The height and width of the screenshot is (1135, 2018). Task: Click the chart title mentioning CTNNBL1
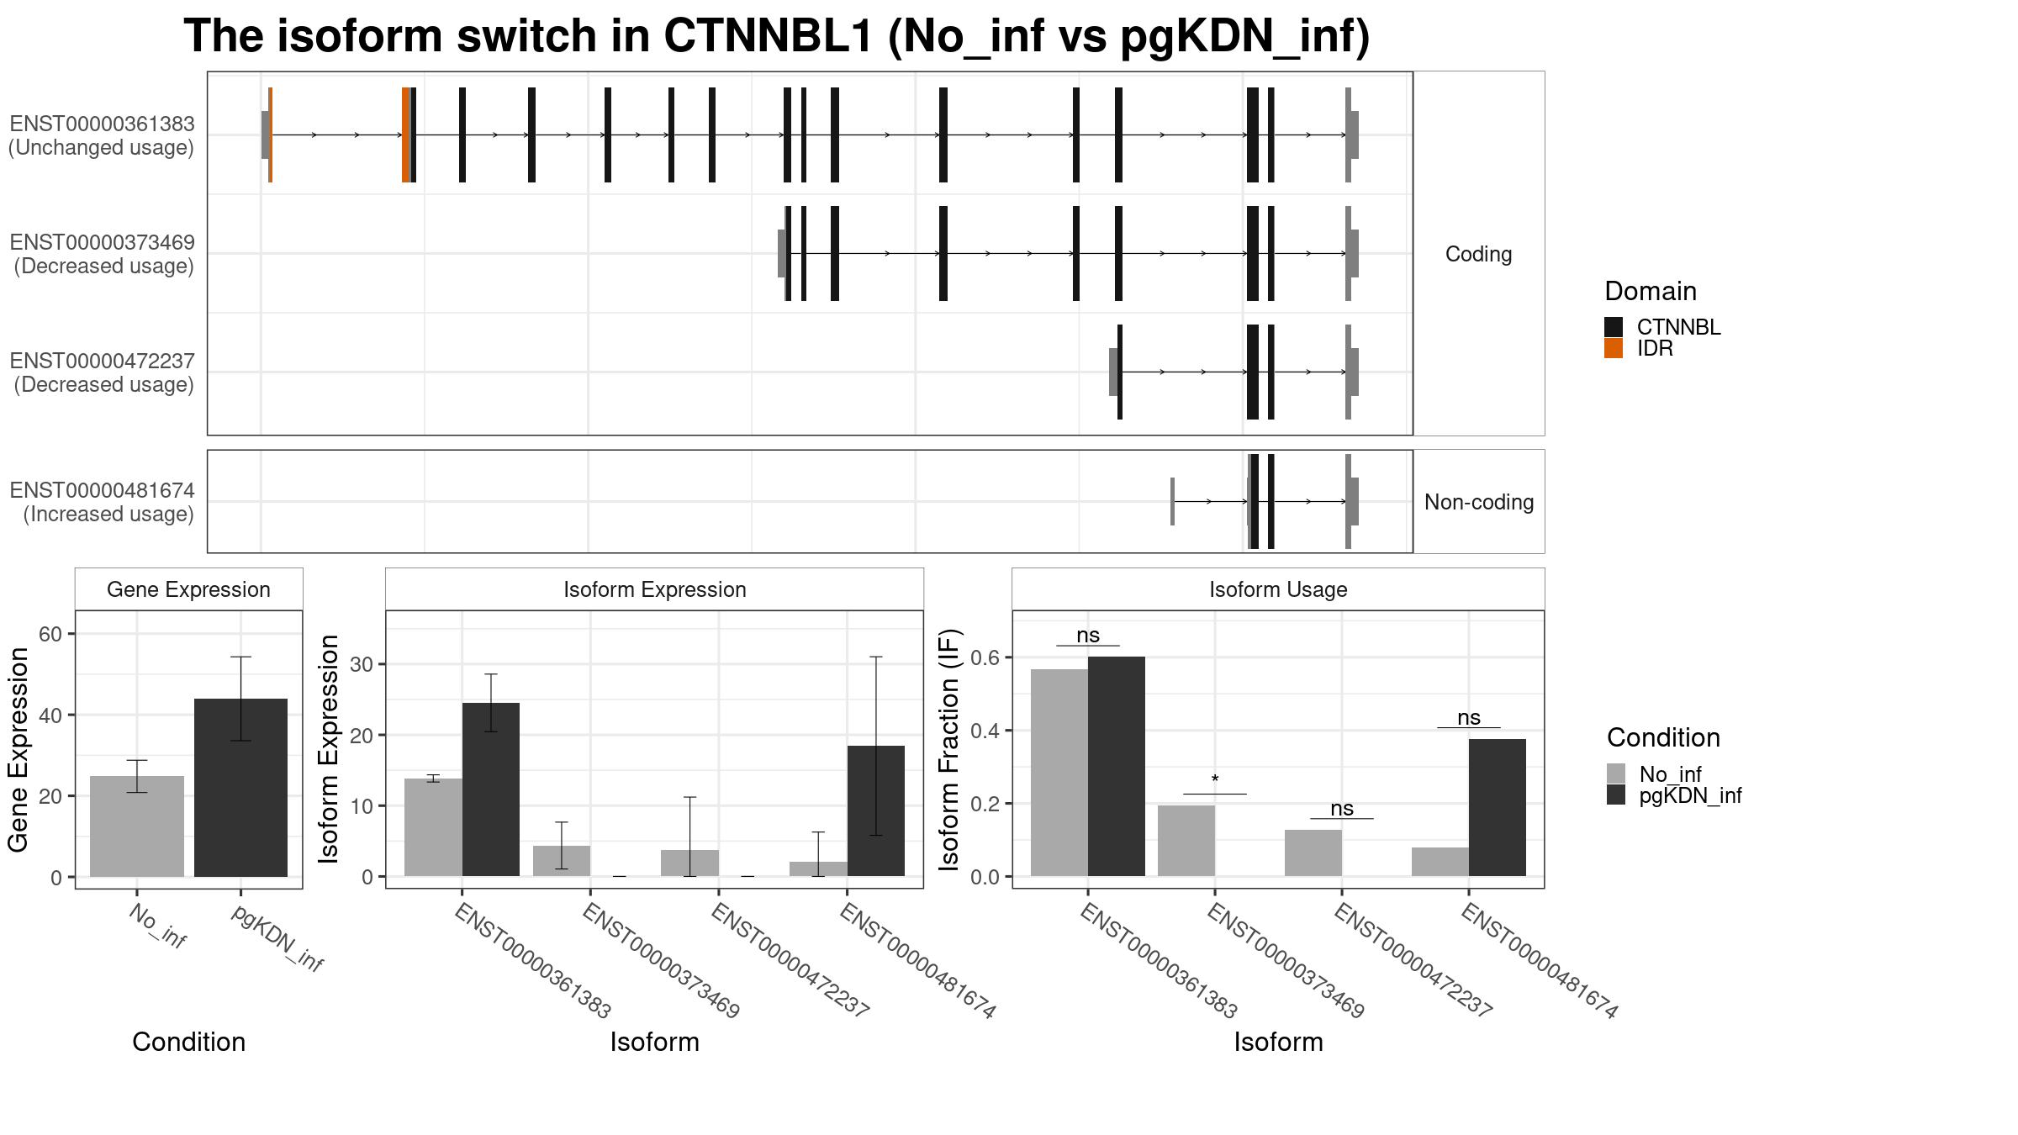(777, 37)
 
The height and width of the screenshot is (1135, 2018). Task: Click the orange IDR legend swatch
(1614, 348)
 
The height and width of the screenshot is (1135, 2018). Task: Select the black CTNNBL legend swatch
(1614, 327)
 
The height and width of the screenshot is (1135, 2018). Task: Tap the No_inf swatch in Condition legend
(1616, 773)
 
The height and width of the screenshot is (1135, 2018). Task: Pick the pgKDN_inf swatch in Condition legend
(1616, 794)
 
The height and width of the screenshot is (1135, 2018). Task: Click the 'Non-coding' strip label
(1479, 502)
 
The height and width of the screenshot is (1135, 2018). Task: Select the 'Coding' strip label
(1479, 254)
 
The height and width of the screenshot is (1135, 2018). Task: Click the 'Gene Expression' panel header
(188, 589)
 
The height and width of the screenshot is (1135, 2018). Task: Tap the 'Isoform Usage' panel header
(1278, 589)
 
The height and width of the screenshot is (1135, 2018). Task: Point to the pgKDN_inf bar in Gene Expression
(240, 788)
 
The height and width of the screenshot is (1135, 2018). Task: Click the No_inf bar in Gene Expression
(137, 826)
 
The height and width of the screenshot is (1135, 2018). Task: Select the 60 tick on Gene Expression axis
(50, 634)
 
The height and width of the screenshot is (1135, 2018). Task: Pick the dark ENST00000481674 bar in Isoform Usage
(1498, 807)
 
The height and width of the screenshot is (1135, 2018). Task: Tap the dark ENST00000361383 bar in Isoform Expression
(491, 789)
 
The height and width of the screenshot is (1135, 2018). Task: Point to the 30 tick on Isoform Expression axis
(362, 664)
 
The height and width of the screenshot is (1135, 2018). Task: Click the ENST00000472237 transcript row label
(102, 372)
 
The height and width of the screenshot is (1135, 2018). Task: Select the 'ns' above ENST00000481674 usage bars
(1469, 718)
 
